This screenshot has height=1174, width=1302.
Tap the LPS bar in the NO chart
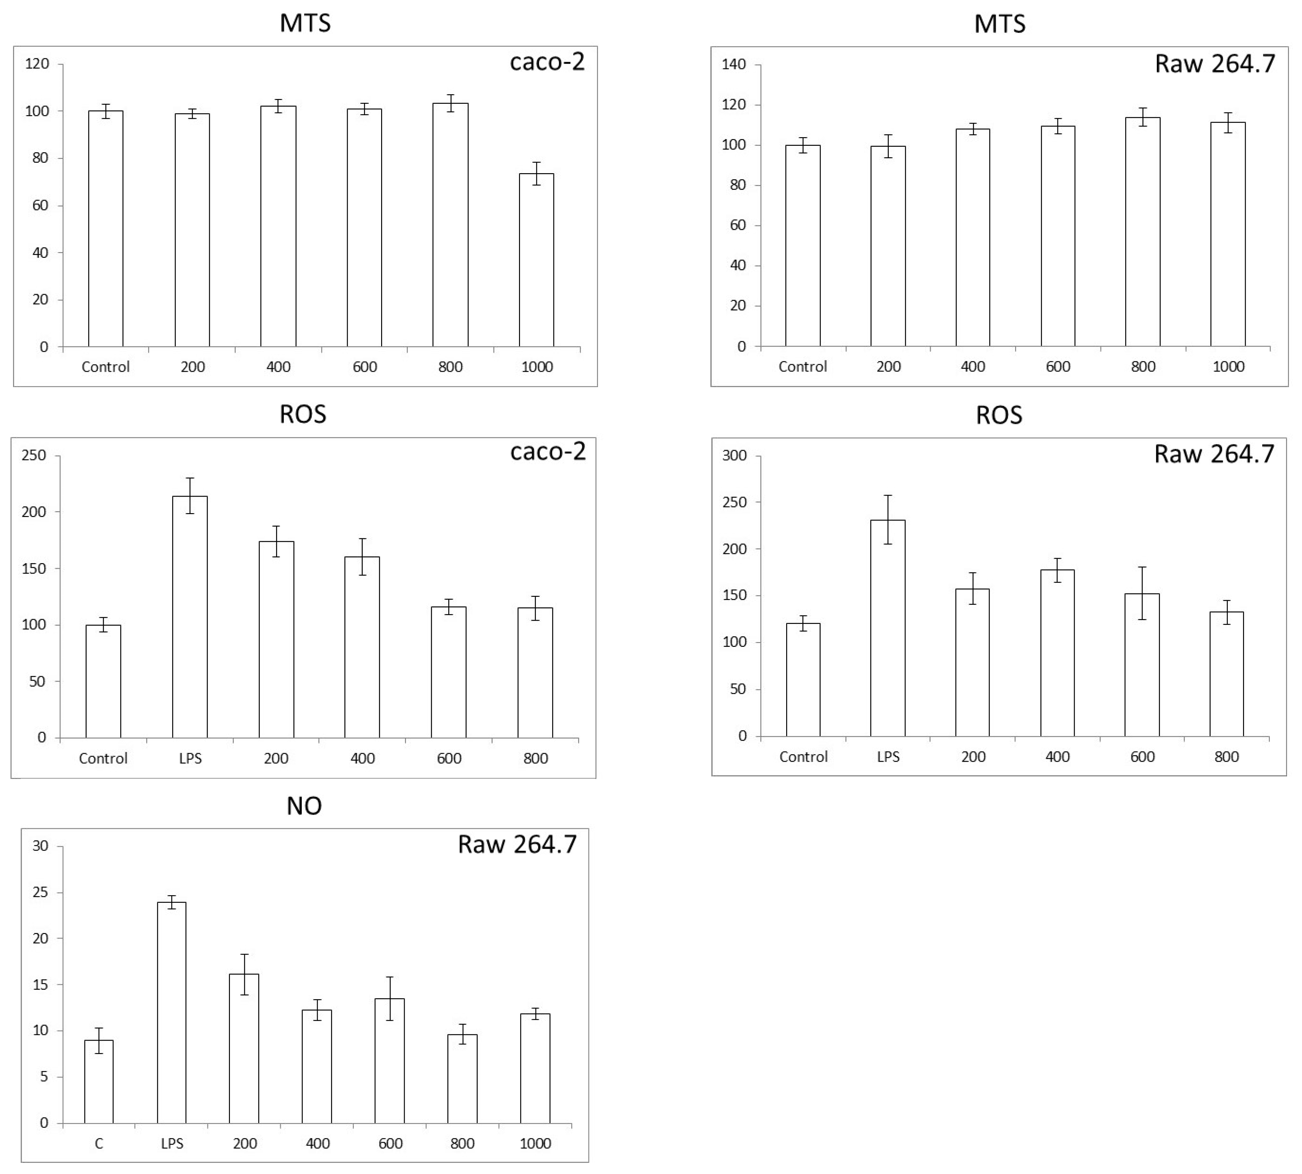[172, 1013]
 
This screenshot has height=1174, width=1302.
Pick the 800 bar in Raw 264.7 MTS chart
[1143, 232]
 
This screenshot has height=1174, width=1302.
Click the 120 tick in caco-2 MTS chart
[37, 64]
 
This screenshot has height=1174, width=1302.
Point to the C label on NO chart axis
[99, 1144]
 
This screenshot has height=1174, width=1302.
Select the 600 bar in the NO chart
[390, 1061]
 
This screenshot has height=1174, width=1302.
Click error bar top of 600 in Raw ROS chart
[1142, 568]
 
